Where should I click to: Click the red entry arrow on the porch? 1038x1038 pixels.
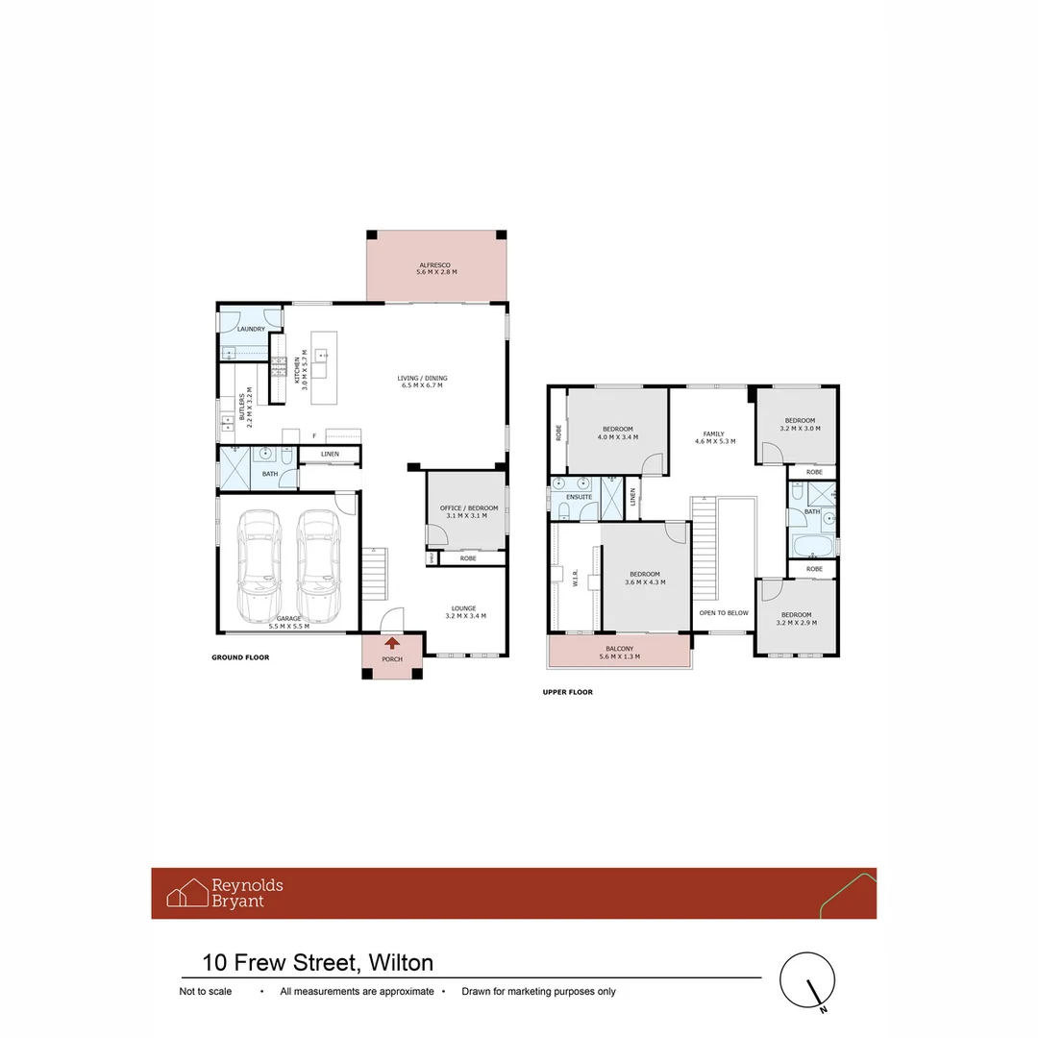(x=392, y=644)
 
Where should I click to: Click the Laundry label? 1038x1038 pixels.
(x=251, y=329)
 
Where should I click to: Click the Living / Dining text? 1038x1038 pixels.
(x=422, y=378)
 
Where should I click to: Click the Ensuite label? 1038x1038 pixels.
(x=579, y=496)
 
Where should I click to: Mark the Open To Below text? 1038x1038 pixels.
(x=724, y=612)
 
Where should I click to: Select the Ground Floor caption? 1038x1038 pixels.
(x=240, y=658)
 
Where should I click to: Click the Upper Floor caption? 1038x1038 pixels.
(x=567, y=692)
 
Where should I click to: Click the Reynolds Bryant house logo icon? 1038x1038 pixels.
(x=187, y=893)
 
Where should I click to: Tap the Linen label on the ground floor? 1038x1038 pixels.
(x=330, y=454)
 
